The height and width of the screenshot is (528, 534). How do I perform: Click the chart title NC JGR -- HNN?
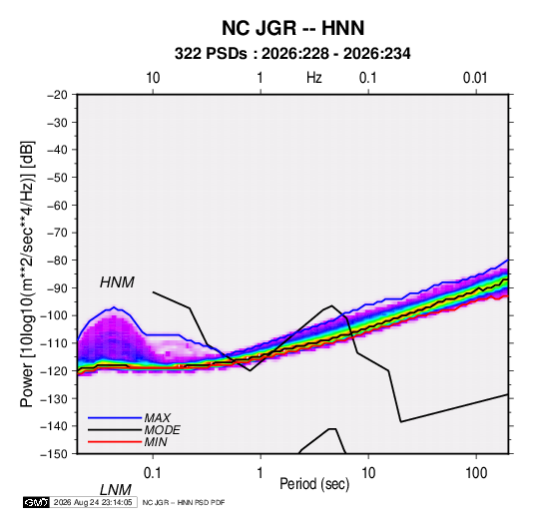pos(292,28)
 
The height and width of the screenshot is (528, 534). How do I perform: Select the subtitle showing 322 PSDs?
pos(292,54)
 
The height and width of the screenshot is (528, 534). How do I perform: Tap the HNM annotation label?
pos(117,282)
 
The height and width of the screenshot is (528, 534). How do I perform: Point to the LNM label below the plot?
pos(116,490)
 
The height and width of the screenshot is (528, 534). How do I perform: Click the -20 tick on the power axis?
pos(57,95)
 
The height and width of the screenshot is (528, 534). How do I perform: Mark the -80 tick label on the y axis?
pos(57,261)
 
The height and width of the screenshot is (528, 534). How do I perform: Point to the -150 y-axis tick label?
pos(54,454)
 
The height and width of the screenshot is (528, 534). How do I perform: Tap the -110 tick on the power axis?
pos(54,343)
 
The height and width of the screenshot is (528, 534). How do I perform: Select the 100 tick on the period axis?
pos(476,473)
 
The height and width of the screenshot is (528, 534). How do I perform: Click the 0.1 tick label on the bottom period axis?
pos(153,473)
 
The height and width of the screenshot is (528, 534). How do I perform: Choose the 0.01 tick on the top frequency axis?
pos(475,78)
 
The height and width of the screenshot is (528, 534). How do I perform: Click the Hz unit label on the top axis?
pos(314,78)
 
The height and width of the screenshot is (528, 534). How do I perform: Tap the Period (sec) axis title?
pos(314,484)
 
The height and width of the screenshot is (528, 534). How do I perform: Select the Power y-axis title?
pos(27,274)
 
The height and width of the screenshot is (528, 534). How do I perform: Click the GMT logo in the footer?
pos(36,502)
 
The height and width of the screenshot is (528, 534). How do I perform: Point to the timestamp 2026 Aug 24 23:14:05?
pos(93,502)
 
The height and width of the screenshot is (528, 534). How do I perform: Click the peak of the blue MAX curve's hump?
pos(115,307)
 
